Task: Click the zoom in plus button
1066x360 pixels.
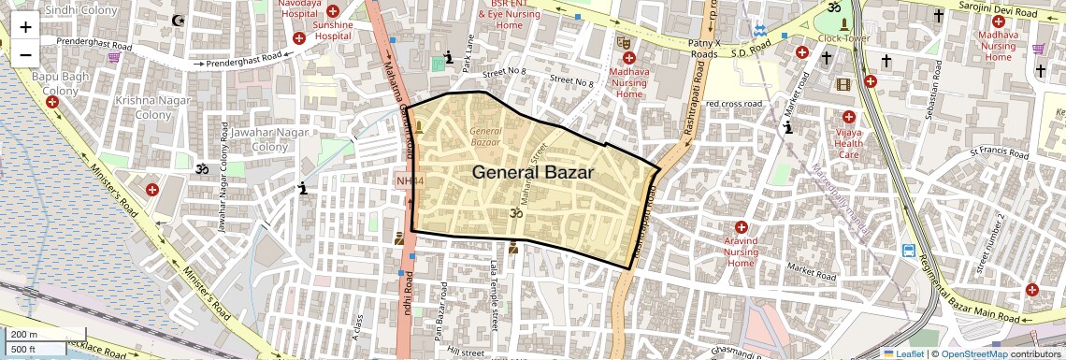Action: (x=25, y=27)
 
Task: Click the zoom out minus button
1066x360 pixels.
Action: (x=25, y=54)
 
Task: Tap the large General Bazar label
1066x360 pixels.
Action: (x=532, y=172)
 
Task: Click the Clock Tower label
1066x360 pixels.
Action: (x=843, y=38)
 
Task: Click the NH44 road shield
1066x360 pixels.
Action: (x=409, y=180)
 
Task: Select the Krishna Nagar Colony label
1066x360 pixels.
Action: (x=140, y=107)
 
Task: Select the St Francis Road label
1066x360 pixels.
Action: (x=1000, y=150)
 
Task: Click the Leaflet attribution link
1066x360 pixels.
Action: (x=903, y=353)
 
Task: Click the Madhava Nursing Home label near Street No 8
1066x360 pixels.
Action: (x=628, y=82)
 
